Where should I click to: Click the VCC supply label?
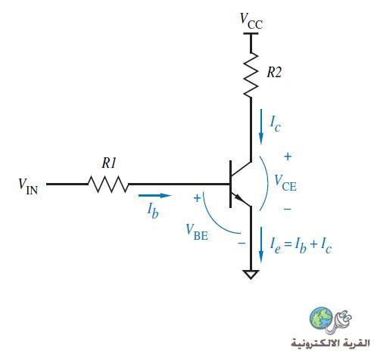(251, 21)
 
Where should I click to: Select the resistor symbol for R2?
(251, 75)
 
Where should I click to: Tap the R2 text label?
(274, 73)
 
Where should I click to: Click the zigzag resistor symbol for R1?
(108, 185)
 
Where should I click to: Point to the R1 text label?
(109, 163)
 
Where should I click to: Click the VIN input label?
(28, 187)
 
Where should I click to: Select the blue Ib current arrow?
(154, 195)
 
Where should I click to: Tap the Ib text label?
(153, 211)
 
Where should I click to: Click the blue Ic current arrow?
(261, 127)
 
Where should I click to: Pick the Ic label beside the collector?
(276, 124)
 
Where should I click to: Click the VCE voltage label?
(285, 183)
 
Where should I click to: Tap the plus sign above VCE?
(288, 157)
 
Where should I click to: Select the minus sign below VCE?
(287, 209)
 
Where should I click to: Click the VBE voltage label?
(197, 232)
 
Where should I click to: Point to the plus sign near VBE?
(197, 198)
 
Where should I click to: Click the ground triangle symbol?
(251, 275)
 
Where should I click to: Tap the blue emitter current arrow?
(261, 245)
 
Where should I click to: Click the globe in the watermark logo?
(321, 318)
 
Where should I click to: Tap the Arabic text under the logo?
(330, 343)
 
